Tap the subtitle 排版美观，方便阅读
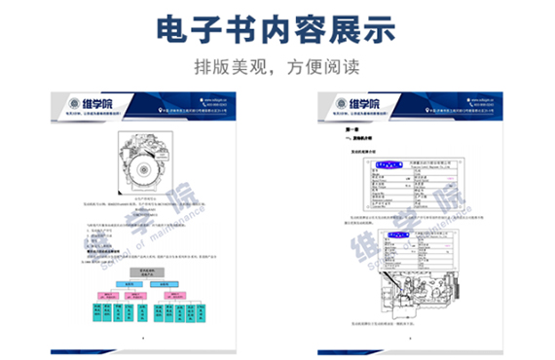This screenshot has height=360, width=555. pyautogui.click(x=277, y=69)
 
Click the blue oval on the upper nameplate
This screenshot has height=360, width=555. pyautogui.click(x=392, y=166)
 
